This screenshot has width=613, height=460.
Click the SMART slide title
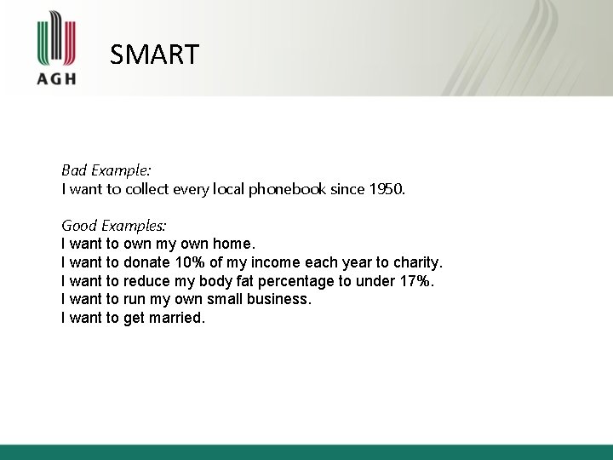154,55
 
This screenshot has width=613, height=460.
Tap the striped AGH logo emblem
57,38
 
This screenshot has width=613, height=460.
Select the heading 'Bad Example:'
106,170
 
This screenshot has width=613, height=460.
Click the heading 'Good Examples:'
114,226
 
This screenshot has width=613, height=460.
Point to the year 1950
387,187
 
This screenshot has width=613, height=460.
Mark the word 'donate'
148,262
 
